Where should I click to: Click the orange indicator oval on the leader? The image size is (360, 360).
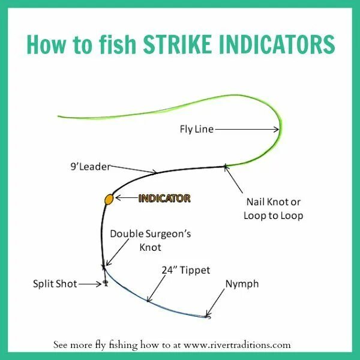[109, 199]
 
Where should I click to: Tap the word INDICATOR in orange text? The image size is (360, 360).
[164, 198]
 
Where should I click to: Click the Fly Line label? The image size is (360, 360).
[196, 128]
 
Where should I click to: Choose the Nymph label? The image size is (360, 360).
[242, 283]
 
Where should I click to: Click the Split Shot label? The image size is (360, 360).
[55, 283]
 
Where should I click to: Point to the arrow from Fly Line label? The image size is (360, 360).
[246, 128]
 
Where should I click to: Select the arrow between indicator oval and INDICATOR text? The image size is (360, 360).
[126, 198]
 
